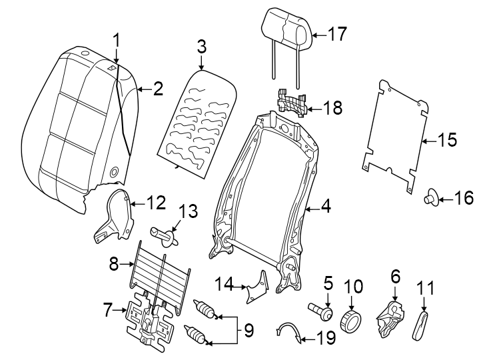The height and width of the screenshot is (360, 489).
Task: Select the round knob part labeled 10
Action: coord(351,321)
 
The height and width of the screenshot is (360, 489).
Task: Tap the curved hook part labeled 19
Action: coord(289,331)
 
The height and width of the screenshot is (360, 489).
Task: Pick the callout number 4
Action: coord(326,207)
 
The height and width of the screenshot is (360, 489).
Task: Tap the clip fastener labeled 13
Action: coord(167,235)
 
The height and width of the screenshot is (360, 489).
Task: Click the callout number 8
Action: coord(114,265)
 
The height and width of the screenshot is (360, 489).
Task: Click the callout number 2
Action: coord(158,89)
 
